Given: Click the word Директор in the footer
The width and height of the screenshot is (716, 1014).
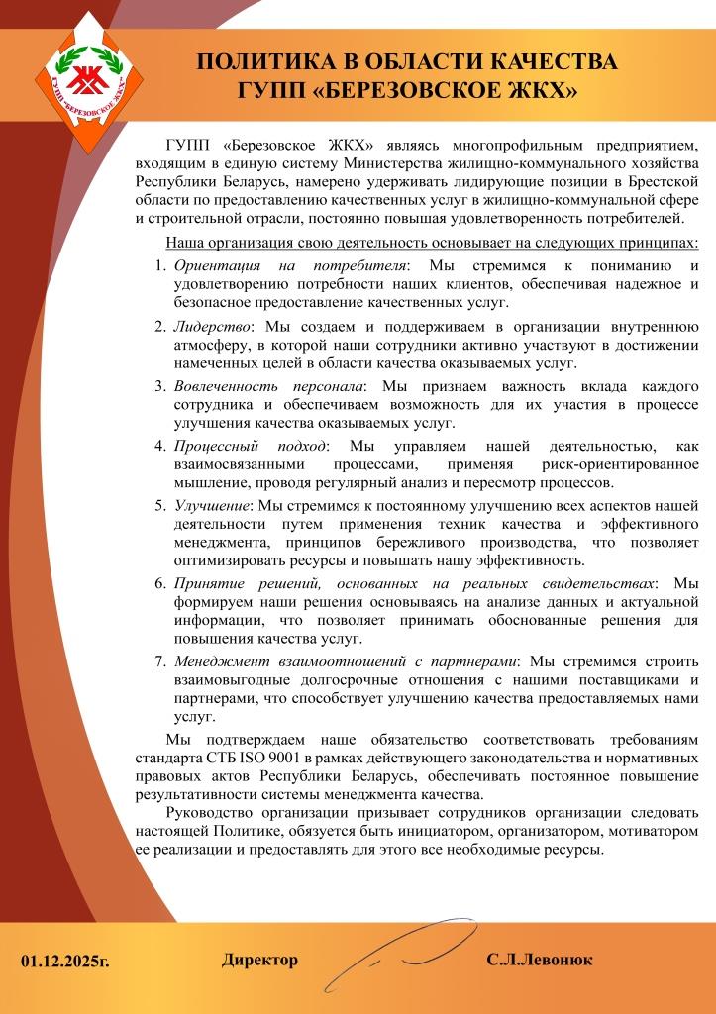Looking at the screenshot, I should pos(259,961).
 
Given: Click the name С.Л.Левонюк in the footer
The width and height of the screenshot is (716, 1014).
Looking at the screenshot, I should pos(540,961).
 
